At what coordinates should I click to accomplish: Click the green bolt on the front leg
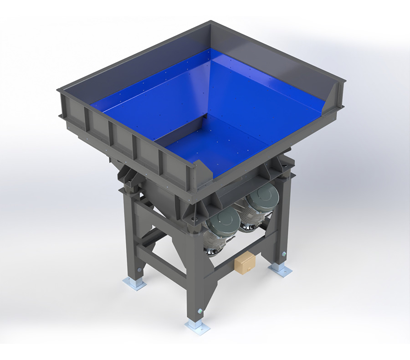tap(200, 311)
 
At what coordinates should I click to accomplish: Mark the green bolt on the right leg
tap(284, 254)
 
